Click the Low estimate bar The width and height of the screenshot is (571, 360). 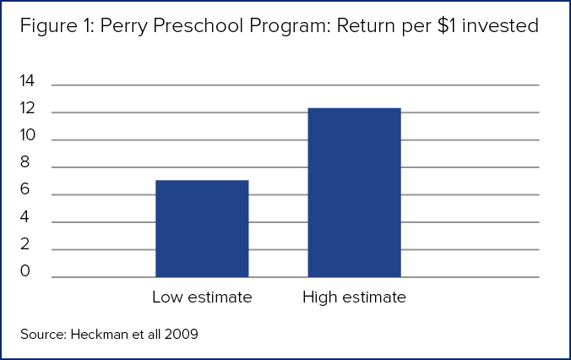coord(202,228)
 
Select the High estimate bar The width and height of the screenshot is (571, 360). coord(354,193)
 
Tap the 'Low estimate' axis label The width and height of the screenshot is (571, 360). coord(202,297)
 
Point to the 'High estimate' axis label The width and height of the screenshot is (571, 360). coord(354,297)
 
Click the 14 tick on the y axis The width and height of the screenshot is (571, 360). coord(27,82)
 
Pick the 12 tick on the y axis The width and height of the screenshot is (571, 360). coord(27,109)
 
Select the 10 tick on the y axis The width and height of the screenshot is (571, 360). coord(27,135)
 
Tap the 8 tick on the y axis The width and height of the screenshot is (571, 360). coord(25,163)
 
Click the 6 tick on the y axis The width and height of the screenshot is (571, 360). coord(25,190)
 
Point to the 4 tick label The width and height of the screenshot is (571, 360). coord(25,217)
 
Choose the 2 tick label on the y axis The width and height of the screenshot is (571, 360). coord(25,245)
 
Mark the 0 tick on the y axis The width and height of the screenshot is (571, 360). coord(25,271)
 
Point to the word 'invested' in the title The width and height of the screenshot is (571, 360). coord(507,26)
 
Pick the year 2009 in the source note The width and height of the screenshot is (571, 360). coord(182,334)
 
